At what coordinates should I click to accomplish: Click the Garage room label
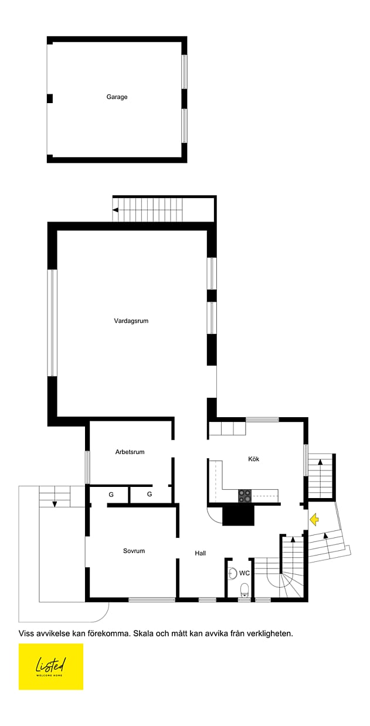pos(117,97)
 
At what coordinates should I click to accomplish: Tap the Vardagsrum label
pos(131,321)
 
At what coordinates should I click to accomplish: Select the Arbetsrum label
pos(130,452)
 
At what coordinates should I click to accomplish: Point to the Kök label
pos(253,459)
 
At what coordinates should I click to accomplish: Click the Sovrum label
pos(134,551)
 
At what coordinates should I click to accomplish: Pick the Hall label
pos(201,553)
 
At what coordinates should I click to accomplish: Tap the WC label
pos(244,573)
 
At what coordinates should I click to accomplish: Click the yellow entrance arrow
pos(314,519)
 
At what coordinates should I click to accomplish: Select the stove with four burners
pos(245,496)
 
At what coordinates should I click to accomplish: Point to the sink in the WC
pos(233,574)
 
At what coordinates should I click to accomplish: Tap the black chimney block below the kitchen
pos(238,515)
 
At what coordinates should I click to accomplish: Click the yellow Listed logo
pos(51,667)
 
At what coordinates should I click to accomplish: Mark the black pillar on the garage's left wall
pos(50,98)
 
